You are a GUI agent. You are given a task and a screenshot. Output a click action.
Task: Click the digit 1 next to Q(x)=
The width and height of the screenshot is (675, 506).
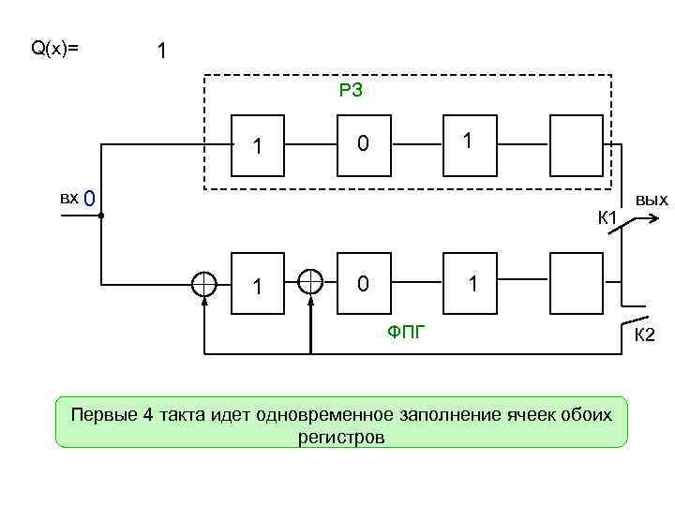point(162,52)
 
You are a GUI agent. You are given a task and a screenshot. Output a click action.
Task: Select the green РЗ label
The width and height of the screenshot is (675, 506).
point(351,91)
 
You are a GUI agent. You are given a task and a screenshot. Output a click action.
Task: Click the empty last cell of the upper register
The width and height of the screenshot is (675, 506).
point(577,144)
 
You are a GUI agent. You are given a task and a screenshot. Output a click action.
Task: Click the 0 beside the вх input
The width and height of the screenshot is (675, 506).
point(89,200)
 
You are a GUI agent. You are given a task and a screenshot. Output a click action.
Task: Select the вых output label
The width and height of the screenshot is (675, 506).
point(651,200)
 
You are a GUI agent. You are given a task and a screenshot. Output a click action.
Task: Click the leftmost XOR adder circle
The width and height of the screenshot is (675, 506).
point(204,282)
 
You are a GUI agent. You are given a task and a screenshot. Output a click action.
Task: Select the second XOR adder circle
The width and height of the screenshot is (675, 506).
point(310,281)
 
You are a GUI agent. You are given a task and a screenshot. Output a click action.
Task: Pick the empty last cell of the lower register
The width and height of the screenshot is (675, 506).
point(577,282)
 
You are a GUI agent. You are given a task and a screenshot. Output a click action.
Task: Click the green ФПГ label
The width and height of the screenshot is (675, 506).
point(405,329)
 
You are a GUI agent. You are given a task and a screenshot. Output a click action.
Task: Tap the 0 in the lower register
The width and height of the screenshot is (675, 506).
point(364,282)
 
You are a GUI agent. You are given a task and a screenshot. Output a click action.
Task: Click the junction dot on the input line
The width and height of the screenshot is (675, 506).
point(100,216)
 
